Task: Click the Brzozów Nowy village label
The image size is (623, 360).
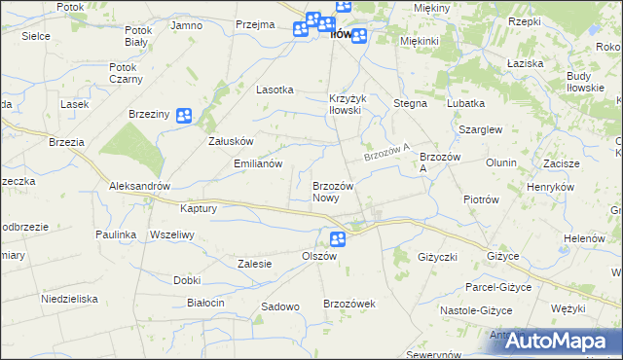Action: [338, 191]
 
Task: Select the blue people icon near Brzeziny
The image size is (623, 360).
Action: [184, 115]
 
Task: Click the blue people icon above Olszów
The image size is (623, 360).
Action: [338, 239]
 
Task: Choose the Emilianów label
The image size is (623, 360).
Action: [258, 164]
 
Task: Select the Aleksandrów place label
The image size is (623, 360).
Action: [140, 186]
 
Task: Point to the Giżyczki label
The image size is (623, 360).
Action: [436, 257]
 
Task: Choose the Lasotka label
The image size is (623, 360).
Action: [275, 90]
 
